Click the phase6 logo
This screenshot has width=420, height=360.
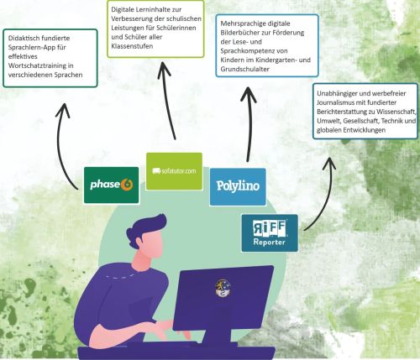[112, 185]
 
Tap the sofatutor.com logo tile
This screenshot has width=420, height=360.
[174, 171]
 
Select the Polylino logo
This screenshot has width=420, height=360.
[238, 186]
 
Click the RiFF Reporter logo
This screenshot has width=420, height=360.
[270, 233]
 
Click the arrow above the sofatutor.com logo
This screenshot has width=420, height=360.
[167, 101]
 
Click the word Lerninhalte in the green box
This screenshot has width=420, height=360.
[158, 9]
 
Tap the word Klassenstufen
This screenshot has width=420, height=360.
[132, 46]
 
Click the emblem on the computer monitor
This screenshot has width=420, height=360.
[223, 289]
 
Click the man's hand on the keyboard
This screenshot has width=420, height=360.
[160, 330]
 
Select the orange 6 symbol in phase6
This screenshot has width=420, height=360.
[128, 185]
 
